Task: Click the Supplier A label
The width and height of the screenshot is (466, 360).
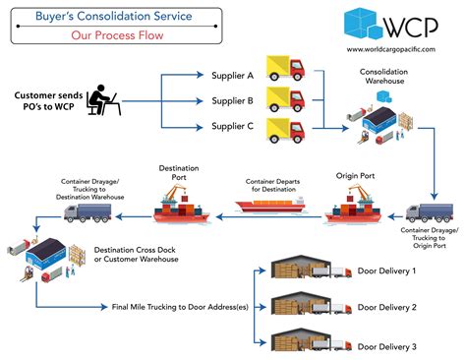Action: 233,75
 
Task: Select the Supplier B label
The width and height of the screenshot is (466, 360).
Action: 233,100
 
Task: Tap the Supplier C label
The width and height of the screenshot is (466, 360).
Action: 233,126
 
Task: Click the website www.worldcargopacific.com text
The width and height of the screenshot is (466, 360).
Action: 392,48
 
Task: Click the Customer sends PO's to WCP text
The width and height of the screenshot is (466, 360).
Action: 44,101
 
